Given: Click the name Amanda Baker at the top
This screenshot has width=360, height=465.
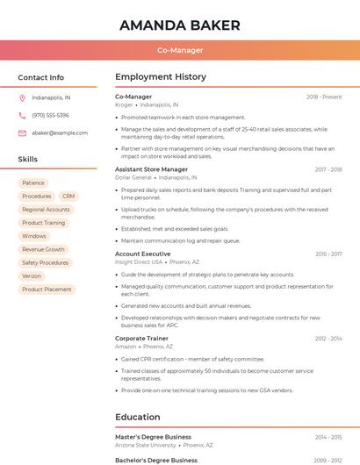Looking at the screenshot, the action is pyautogui.click(x=179, y=25).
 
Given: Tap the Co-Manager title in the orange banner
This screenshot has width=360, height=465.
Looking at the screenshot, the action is pyautogui.click(x=179, y=50).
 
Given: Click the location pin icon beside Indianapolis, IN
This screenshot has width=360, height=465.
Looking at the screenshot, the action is pyautogui.click(x=22, y=97).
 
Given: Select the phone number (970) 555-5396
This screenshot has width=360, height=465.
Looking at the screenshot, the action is pyautogui.click(x=50, y=115).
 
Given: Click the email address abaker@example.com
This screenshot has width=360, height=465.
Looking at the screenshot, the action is pyautogui.click(x=60, y=132).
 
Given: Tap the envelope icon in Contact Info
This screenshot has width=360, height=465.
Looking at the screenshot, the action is pyautogui.click(x=22, y=132).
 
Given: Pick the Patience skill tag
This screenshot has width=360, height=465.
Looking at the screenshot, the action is pyautogui.click(x=34, y=182).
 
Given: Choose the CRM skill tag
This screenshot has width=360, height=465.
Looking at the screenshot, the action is pyautogui.click(x=68, y=196).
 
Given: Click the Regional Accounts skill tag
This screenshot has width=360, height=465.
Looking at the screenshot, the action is pyautogui.click(x=46, y=210).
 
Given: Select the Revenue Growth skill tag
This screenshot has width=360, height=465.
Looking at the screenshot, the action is pyautogui.click(x=43, y=249).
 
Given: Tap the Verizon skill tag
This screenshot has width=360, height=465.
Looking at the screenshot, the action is pyautogui.click(x=32, y=275).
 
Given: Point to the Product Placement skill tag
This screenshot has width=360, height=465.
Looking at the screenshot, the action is pyautogui.click(x=47, y=289).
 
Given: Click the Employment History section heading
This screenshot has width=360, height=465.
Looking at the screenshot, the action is pyautogui.click(x=161, y=77).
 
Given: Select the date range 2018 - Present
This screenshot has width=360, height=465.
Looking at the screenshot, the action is pyautogui.click(x=324, y=97).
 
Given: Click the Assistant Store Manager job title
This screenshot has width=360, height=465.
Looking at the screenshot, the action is pyautogui.click(x=151, y=169).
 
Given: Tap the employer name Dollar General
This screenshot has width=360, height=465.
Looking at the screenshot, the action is pyautogui.click(x=133, y=177).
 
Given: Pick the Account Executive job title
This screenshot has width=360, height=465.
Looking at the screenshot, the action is pyautogui.click(x=142, y=254).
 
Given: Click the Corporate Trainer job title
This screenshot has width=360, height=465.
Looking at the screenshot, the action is pyautogui.click(x=141, y=338).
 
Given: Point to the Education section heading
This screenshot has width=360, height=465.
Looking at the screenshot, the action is pyautogui.click(x=138, y=417).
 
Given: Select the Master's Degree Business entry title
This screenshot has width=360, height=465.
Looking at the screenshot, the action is pyautogui.click(x=153, y=436).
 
